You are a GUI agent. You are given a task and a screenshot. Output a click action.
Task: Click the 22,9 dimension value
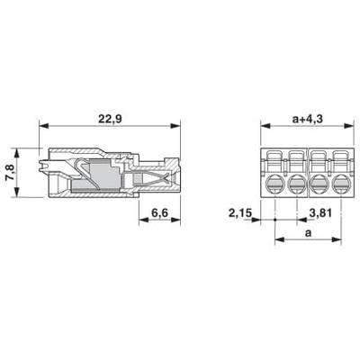click(110, 119)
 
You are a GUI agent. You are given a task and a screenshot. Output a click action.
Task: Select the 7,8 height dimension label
click(10, 173)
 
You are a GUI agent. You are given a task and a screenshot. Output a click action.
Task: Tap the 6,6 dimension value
click(159, 213)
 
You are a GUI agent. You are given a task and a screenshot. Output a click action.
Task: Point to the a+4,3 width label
click(307, 119)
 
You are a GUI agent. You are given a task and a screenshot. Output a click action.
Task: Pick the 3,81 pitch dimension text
click(320, 213)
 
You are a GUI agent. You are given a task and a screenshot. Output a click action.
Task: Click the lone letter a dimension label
click(308, 233)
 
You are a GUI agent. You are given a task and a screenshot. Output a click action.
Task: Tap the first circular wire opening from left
click(275, 184)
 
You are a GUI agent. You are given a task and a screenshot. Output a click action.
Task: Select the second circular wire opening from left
click(297, 184)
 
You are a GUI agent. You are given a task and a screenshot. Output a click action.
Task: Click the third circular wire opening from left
click(320, 184)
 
